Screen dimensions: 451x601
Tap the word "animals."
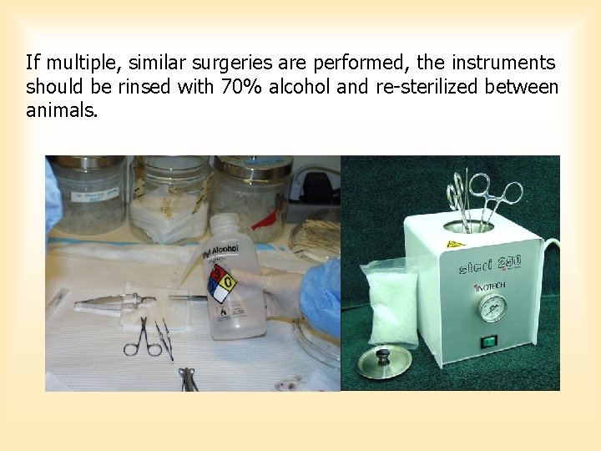(x=61, y=110)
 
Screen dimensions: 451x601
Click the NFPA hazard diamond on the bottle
(x=222, y=284)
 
